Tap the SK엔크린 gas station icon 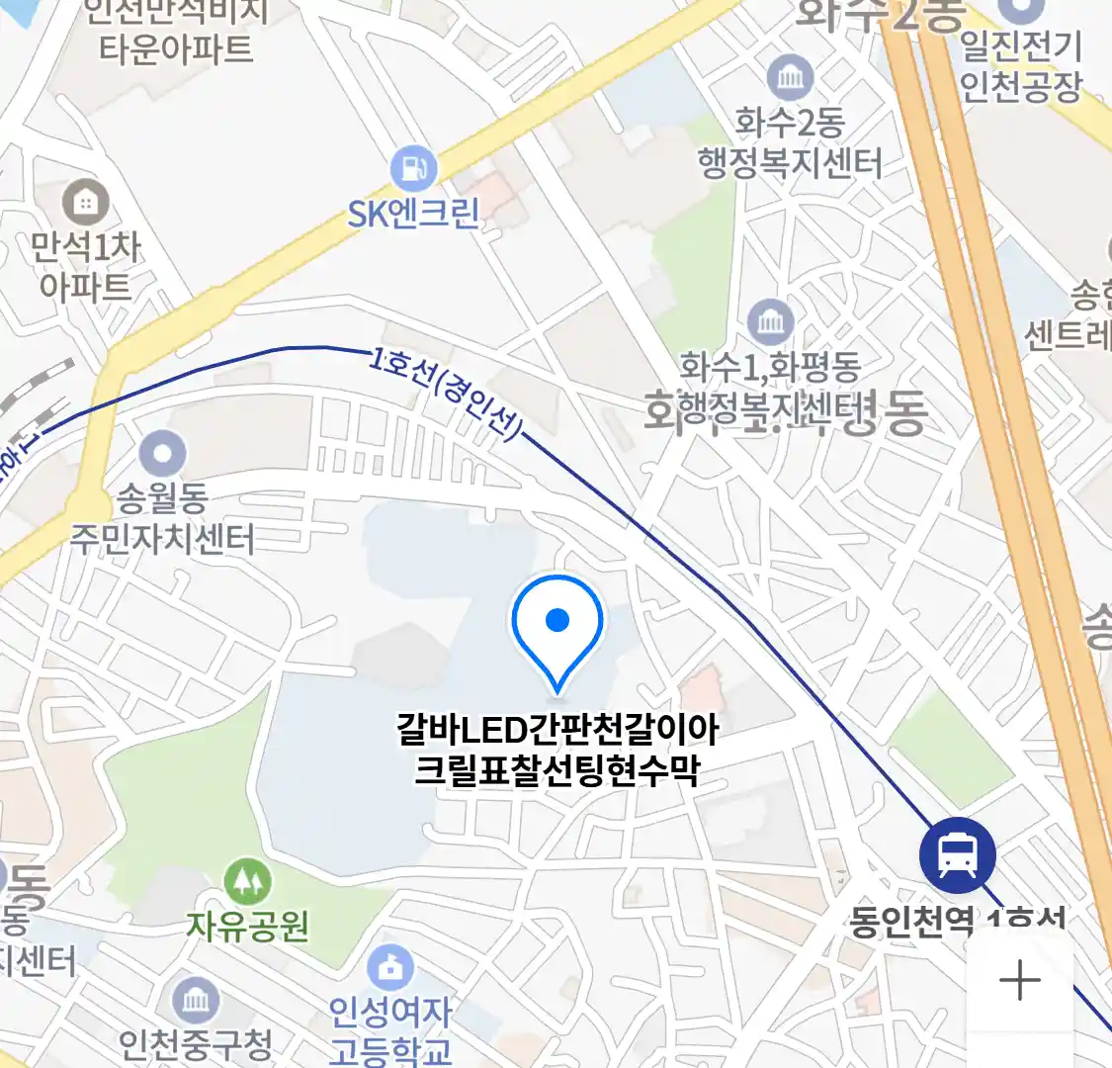pyautogui.click(x=413, y=169)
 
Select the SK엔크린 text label pyautogui.click(x=413, y=214)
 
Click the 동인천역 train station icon pyautogui.click(x=957, y=855)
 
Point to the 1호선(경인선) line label pyautogui.click(x=446, y=395)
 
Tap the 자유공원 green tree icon pyautogui.click(x=247, y=880)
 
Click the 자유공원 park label pyautogui.click(x=248, y=926)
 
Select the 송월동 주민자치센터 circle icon pyautogui.click(x=163, y=455)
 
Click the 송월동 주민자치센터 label pyautogui.click(x=162, y=518)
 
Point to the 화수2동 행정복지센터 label pyautogui.click(x=790, y=143)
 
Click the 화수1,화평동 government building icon pyautogui.click(x=770, y=321)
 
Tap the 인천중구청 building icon pyautogui.click(x=196, y=1001)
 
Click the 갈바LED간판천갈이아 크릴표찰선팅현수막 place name pyautogui.click(x=557, y=750)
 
